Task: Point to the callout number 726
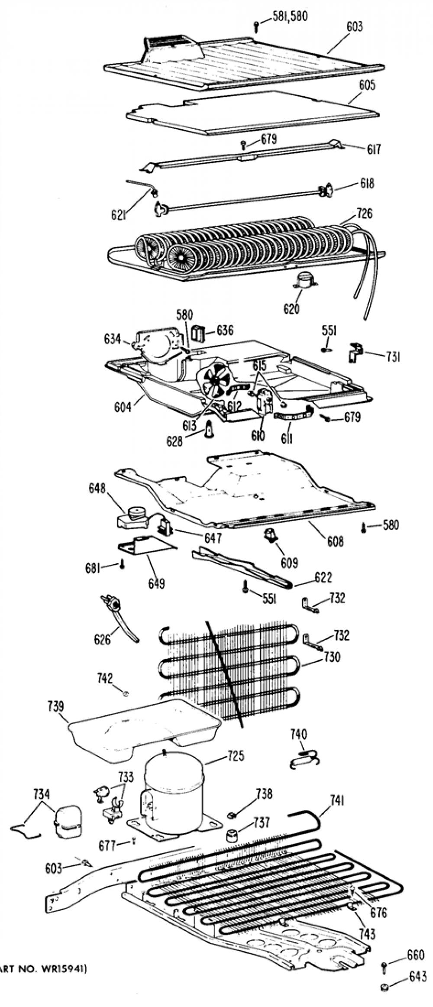pyautogui.click(x=364, y=213)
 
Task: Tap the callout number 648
pyautogui.click(x=97, y=488)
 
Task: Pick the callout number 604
pyautogui.click(x=123, y=407)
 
